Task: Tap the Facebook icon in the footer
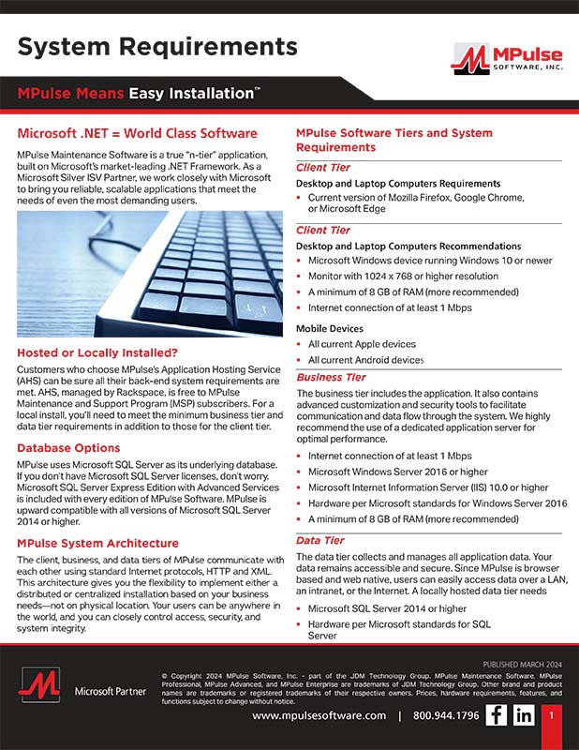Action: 496,715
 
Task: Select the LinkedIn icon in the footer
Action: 524,715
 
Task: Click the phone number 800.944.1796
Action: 446,715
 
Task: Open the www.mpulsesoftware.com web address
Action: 319,715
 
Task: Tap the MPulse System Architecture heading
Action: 97,543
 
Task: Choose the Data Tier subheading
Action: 320,540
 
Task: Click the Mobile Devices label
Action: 330,329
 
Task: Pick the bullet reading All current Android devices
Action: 365,360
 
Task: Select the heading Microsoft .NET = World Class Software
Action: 137,133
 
